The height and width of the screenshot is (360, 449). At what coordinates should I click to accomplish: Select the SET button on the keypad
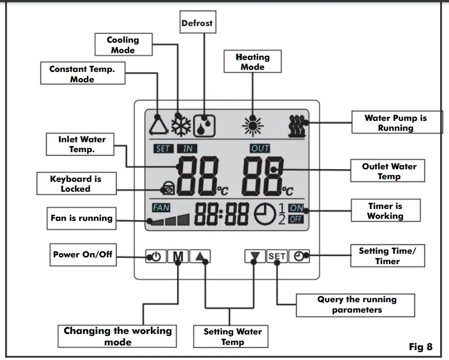(x=277, y=256)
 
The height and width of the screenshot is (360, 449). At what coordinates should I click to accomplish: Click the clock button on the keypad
(x=299, y=256)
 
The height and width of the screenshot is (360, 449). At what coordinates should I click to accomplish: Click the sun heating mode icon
(x=252, y=125)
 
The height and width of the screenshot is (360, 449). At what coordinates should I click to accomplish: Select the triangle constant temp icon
(x=157, y=125)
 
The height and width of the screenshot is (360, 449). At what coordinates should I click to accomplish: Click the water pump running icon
(x=298, y=125)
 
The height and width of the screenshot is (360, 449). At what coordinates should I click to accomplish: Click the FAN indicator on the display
(x=161, y=207)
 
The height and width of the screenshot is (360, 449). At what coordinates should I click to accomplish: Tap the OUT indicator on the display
(x=260, y=148)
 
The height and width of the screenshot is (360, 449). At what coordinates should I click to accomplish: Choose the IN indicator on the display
(x=187, y=148)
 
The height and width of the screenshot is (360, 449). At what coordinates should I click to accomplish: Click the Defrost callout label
(x=197, y=23)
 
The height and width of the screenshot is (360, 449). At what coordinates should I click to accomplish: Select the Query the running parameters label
(x=356, y=305)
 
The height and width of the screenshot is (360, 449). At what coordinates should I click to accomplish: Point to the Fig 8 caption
(x=420, y=346)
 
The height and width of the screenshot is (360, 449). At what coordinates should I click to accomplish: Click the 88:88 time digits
(x=222, y=214)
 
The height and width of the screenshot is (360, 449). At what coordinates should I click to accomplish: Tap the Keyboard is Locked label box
(x=76, y=183)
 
